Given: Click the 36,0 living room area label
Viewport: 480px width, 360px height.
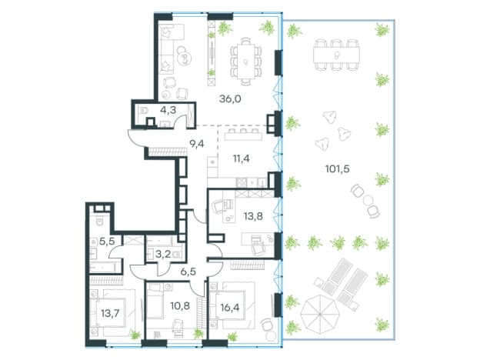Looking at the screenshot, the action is tap(230, 99).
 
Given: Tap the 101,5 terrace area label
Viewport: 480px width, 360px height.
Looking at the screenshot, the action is tap(338, 168).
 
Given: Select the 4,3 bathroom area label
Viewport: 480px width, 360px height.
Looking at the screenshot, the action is tap(168, 110).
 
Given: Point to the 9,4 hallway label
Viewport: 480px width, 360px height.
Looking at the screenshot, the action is tap(197, 143).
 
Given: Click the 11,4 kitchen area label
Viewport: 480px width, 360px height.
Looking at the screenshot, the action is tap(242, 158).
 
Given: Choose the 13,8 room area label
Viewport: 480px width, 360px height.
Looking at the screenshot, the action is tap(253, 216).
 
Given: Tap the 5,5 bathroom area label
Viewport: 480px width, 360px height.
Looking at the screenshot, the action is tap(107, 242).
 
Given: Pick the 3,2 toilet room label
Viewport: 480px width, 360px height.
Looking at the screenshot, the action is tap(163, 254).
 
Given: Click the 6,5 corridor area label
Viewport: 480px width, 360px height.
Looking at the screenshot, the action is tap(188, 272).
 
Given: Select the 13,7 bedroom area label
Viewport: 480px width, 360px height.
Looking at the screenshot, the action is tap(110, 313).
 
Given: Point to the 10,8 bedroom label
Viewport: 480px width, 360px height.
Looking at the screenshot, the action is tap(181, 305).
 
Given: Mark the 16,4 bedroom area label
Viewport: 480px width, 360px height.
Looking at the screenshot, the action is tap(230, 307).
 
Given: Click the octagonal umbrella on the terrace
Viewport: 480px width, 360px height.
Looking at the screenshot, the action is tap(318, 315).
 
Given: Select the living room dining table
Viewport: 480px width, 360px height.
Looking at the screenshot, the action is tap(245, 62).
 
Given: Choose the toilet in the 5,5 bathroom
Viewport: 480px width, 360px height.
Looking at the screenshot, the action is tap(100, 221).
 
